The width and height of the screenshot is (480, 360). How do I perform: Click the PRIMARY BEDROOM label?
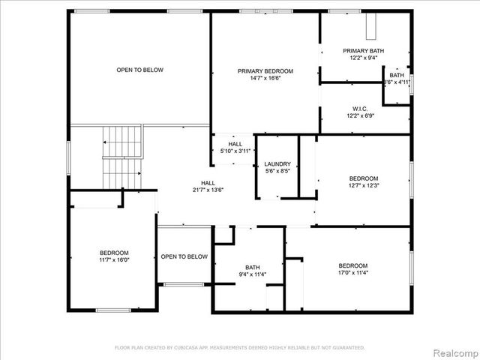coord(265,70)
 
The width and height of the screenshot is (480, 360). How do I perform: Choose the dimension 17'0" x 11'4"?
coord(352,273)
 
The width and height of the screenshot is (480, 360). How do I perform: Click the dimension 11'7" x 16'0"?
coord(115,259)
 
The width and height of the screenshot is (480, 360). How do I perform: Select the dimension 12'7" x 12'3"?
coord(364,185)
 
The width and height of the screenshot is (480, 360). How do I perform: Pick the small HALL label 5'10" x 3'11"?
coord(235,151)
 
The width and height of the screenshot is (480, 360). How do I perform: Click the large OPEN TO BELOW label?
coord(139,70)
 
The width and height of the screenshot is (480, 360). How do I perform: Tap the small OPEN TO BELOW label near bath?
coord(184,256)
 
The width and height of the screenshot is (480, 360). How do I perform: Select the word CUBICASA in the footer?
coord(191,347)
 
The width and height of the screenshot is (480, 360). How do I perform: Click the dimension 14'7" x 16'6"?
coord(265,77)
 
